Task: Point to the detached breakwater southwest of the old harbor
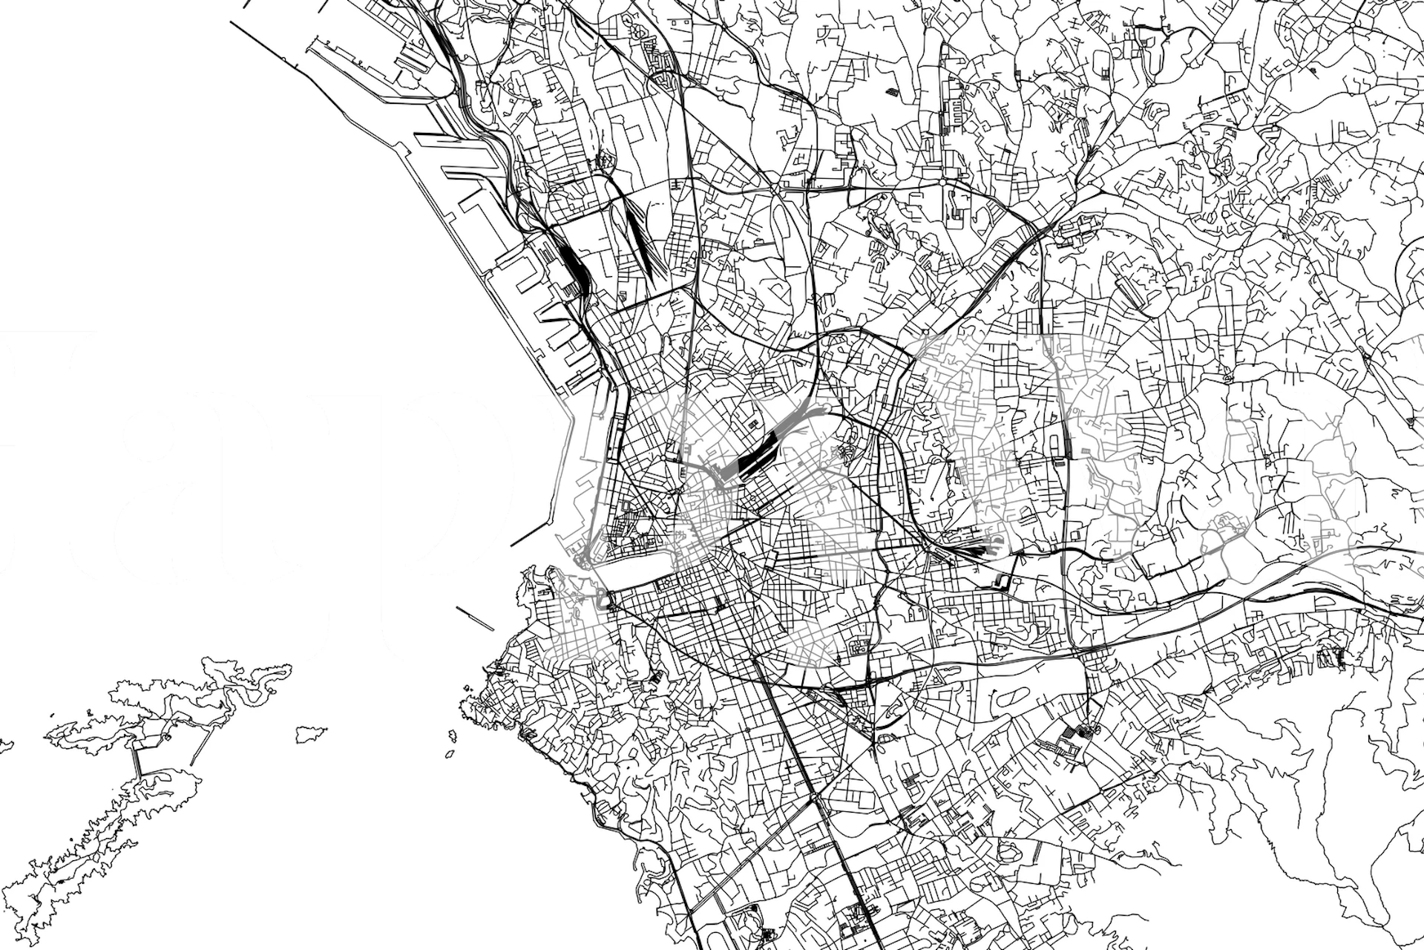475,618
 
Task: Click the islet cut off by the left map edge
6,744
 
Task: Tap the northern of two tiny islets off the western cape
452,736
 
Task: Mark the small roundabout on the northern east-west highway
942,180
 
